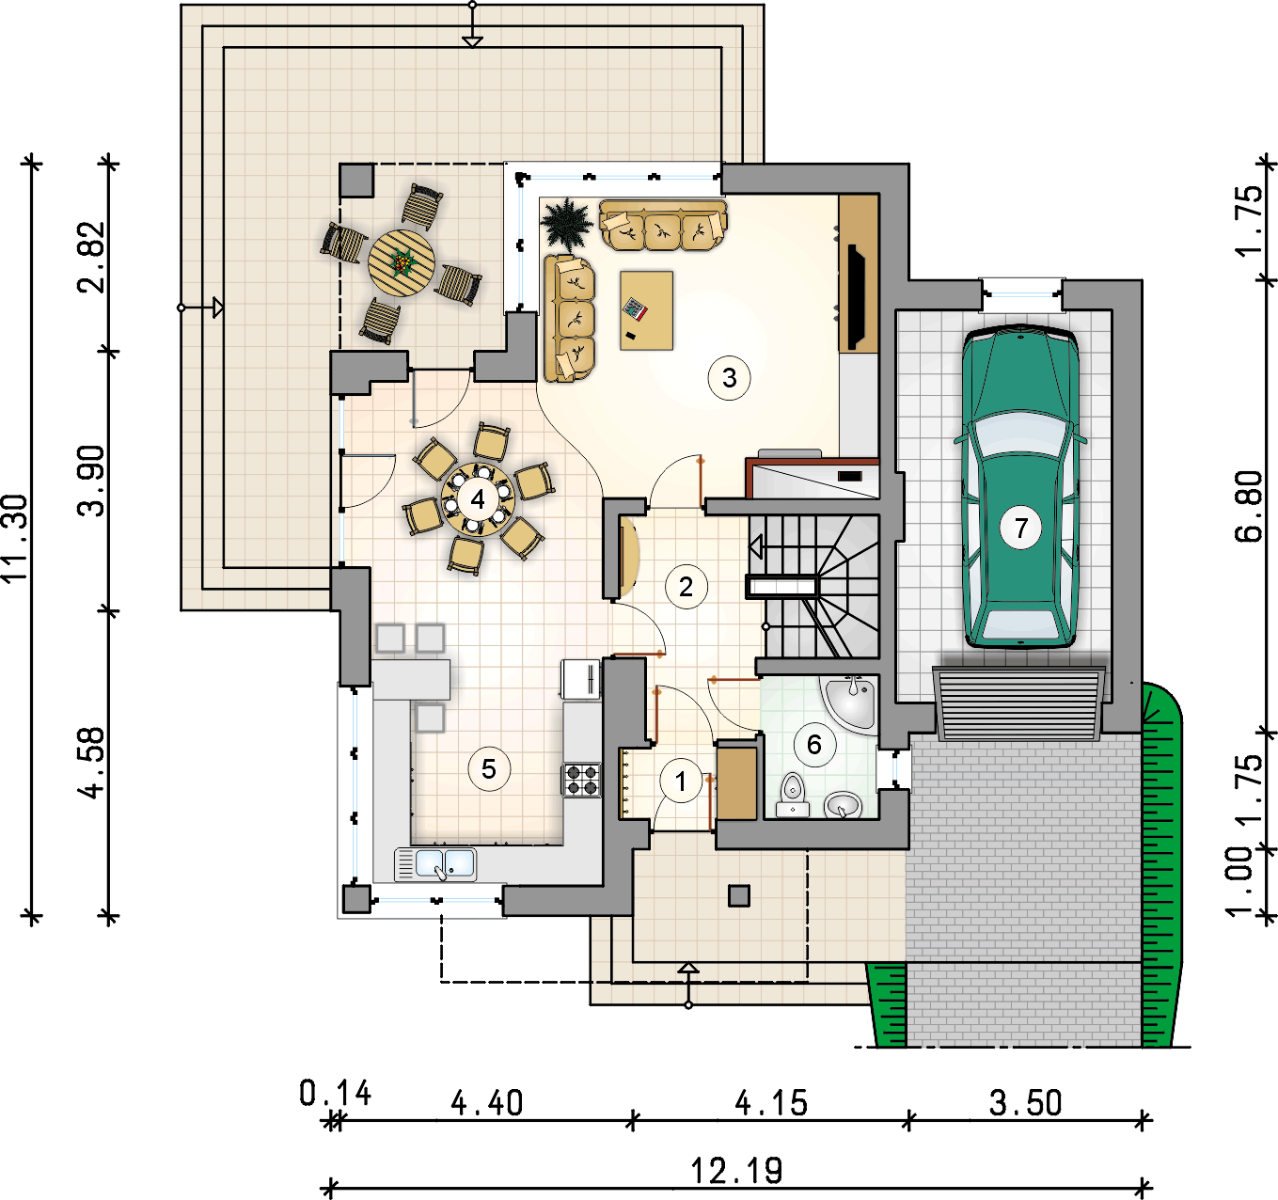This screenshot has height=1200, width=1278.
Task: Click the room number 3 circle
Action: pyautogui.click(x=729, y=378)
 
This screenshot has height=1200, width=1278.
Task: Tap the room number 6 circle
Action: pyautogui.click(x=814, y=745)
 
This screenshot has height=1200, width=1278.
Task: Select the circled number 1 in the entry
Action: pyautogui.click(x=681, y=782)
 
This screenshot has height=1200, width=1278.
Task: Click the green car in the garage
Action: pyautogui.click(x=1020, y=486)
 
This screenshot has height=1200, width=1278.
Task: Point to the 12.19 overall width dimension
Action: pyautogui.click(x=736, y=1171)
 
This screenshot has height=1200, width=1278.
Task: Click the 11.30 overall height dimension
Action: pyautogui.click(x=15, y=538)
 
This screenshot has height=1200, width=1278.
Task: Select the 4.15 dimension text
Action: pyautogui.click(x=771, y=1103)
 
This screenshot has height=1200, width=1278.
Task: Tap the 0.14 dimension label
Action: pyautogui.click(x=336, y=1094)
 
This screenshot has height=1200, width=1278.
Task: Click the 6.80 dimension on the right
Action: pyautogui.click(x=1249, y=506)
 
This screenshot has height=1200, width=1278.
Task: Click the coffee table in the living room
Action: pyautogui.click(x=646, y=310)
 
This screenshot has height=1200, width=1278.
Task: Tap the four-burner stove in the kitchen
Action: pyautogui.click(x=582, y=780)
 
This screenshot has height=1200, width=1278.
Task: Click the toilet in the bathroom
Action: pyautogui.click(x=792, y=796)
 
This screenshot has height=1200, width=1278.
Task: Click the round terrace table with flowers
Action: pyautogui.click(x=402, y=262)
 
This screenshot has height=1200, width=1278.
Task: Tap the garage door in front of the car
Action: pyautogui.click(x=1018, y=703)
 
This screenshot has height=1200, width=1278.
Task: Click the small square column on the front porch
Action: pyautogui.click(x=739, y=896)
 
